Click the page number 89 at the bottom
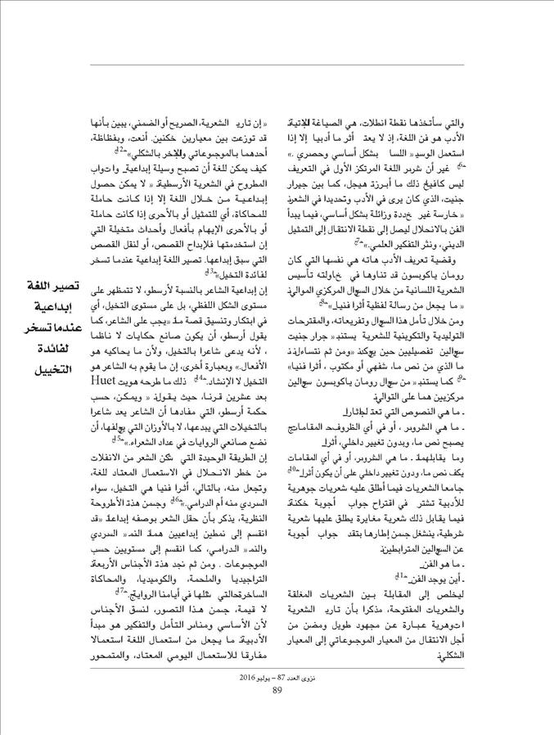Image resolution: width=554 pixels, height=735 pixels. tap(277, 710)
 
